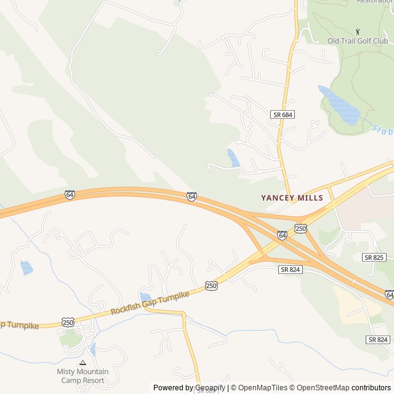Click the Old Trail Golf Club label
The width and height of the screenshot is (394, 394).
pos(358,41)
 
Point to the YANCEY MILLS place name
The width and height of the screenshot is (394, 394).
pos(291,198)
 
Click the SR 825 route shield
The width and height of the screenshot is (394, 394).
pos(374,257)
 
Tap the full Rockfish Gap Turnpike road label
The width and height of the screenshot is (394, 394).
pos(150,303)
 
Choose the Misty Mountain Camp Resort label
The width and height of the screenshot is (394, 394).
pos(82,376)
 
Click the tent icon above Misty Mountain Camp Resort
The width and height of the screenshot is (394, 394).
pos(82,363)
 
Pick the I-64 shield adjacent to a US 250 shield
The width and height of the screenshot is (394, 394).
pos(282,235)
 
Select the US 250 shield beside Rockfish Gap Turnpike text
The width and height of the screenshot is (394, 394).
pos(211,286)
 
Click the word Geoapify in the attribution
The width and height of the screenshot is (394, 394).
pos(209,388)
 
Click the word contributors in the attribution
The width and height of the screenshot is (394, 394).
pos(371,388)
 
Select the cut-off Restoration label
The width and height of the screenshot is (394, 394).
pos(375,2)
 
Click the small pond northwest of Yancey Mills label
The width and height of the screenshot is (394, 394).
pos(233,158)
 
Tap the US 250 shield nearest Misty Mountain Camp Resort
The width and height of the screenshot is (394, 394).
pos(68,322)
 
